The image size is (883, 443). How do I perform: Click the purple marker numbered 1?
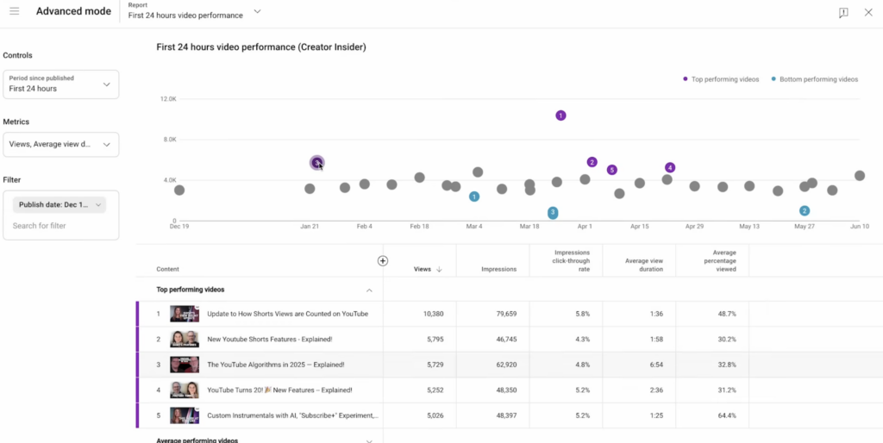pos(560,115)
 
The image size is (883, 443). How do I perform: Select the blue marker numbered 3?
pos(553,213)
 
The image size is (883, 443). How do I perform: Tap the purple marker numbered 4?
pos(670,167)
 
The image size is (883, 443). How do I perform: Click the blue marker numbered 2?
pos(805,211)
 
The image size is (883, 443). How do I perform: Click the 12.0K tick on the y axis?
pos(167,99)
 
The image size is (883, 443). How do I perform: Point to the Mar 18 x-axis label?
pos(529,227)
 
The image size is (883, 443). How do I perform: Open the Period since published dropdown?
pos(60,84)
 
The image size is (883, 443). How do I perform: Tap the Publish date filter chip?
pos(59,205)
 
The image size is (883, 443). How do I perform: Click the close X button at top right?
pos(868,12)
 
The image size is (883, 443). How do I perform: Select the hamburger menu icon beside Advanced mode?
pos(14,11)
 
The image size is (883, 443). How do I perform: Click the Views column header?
pos(423,269)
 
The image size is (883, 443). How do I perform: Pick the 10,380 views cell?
pos(429,314)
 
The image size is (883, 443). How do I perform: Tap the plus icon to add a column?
pos(383,261)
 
